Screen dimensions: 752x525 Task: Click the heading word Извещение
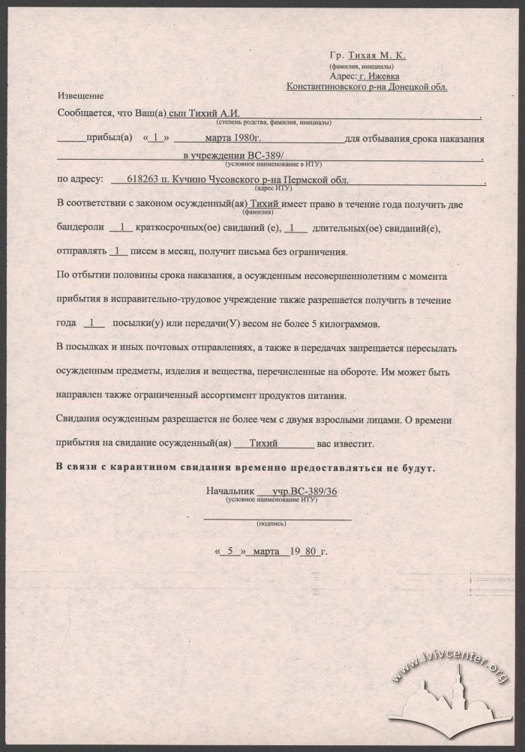pyautogui.click(x=79, y=96)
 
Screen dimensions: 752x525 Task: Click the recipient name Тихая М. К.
pyautogui.click(x=380, y=55)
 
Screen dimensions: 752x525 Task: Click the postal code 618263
pyautogui.click(x=145, y=180)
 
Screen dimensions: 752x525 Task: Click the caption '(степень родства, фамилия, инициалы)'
pyautogui.click(x=274, y=121)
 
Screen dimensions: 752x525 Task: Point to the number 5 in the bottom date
pyautogui.click(x=231, y=551)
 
